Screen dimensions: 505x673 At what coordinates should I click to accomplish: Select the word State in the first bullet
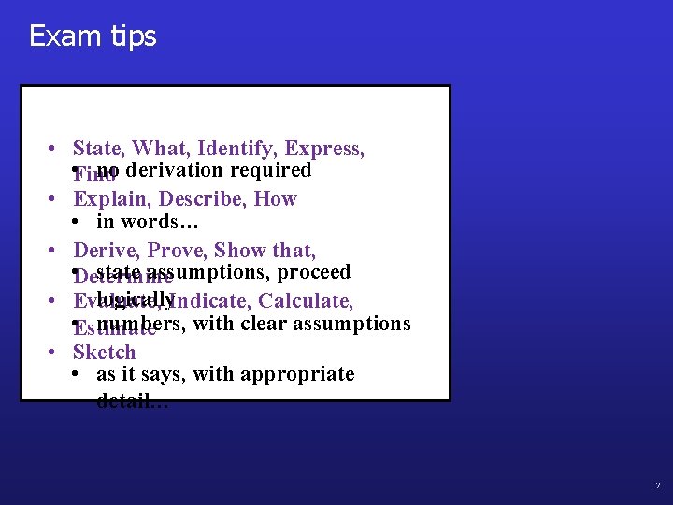click(97, 149)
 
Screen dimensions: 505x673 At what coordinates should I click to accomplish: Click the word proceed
click(314, 272)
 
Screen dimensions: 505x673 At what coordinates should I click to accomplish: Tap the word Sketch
click(104, 353)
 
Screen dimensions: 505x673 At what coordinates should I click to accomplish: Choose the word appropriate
click(297, 374)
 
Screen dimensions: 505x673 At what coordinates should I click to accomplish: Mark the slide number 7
click(657, 486)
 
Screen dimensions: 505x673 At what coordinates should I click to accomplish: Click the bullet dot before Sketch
click(56, 353)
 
